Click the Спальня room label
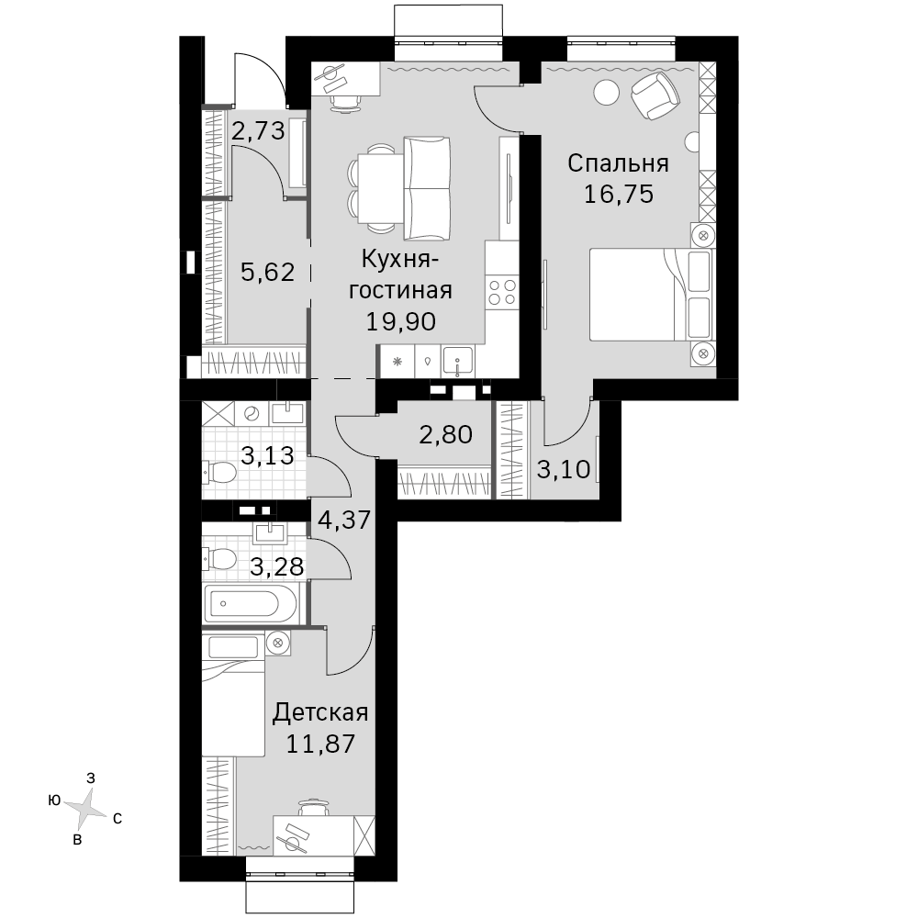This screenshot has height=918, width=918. [618, 163]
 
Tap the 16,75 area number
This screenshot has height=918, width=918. [619, 194]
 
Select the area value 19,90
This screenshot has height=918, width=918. [401, 321]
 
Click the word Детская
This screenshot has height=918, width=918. [320, 712]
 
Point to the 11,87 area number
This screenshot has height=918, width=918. [320, 744]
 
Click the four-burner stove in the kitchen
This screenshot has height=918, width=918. [502, 292]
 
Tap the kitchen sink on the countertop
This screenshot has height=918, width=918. [458, 361]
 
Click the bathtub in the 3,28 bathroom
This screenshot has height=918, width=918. [251, 604]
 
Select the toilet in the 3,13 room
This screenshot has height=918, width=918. [219, 472]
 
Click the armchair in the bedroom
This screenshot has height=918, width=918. [655, 95]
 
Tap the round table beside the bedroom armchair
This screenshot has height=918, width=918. [606, 92]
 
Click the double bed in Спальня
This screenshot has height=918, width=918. [651, 295]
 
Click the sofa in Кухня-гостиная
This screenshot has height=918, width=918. [427, 188]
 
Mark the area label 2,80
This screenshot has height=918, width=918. [445, 435]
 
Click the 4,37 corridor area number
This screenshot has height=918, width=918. [344, 520]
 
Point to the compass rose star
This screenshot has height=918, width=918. [85, 809]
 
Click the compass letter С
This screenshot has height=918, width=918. [118, 819]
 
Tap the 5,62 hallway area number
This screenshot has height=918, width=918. [267, 273]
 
